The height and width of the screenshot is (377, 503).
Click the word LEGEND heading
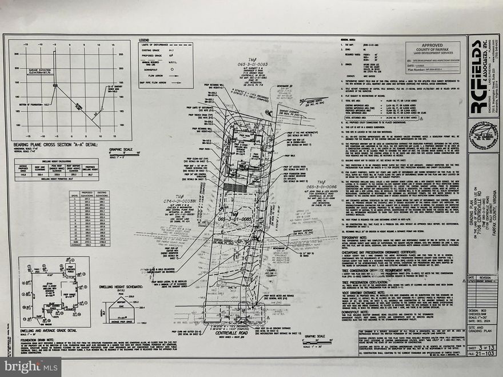tap(144, 40)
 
